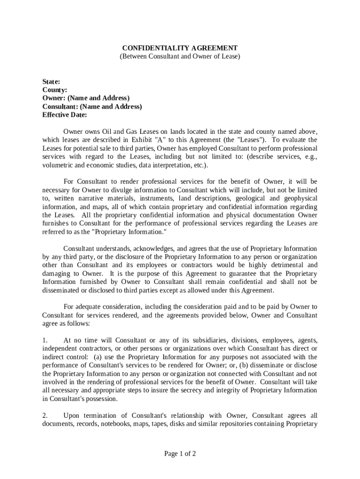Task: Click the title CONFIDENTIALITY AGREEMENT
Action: click(x=180, y=48)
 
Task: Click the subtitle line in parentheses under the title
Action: click(x=180, y=57)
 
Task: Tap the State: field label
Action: click(x=51, y=81)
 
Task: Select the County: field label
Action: click(x=55, y=90)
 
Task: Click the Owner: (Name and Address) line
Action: click(x=86, y=98)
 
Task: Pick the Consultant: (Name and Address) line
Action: click(x=92, y=107)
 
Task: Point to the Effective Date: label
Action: click(x=65, y=115)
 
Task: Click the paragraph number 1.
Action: click(x=45, y=340)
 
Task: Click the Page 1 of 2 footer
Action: click(x=180, y=454)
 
